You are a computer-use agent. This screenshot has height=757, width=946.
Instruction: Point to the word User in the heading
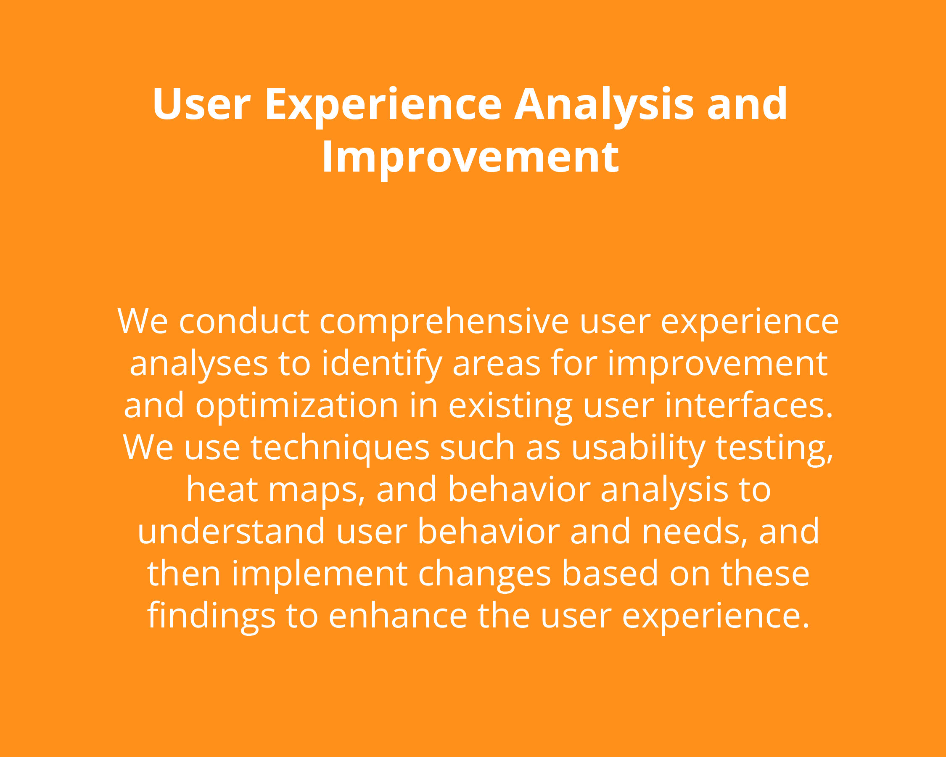pos(201,104)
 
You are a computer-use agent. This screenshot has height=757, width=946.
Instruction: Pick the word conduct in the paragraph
pos(244,321)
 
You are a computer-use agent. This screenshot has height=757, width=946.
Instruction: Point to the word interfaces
pos(748,405)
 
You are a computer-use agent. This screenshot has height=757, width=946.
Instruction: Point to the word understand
pos(231,531)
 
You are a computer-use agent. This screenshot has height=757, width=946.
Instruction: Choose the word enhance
pos(398,615)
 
